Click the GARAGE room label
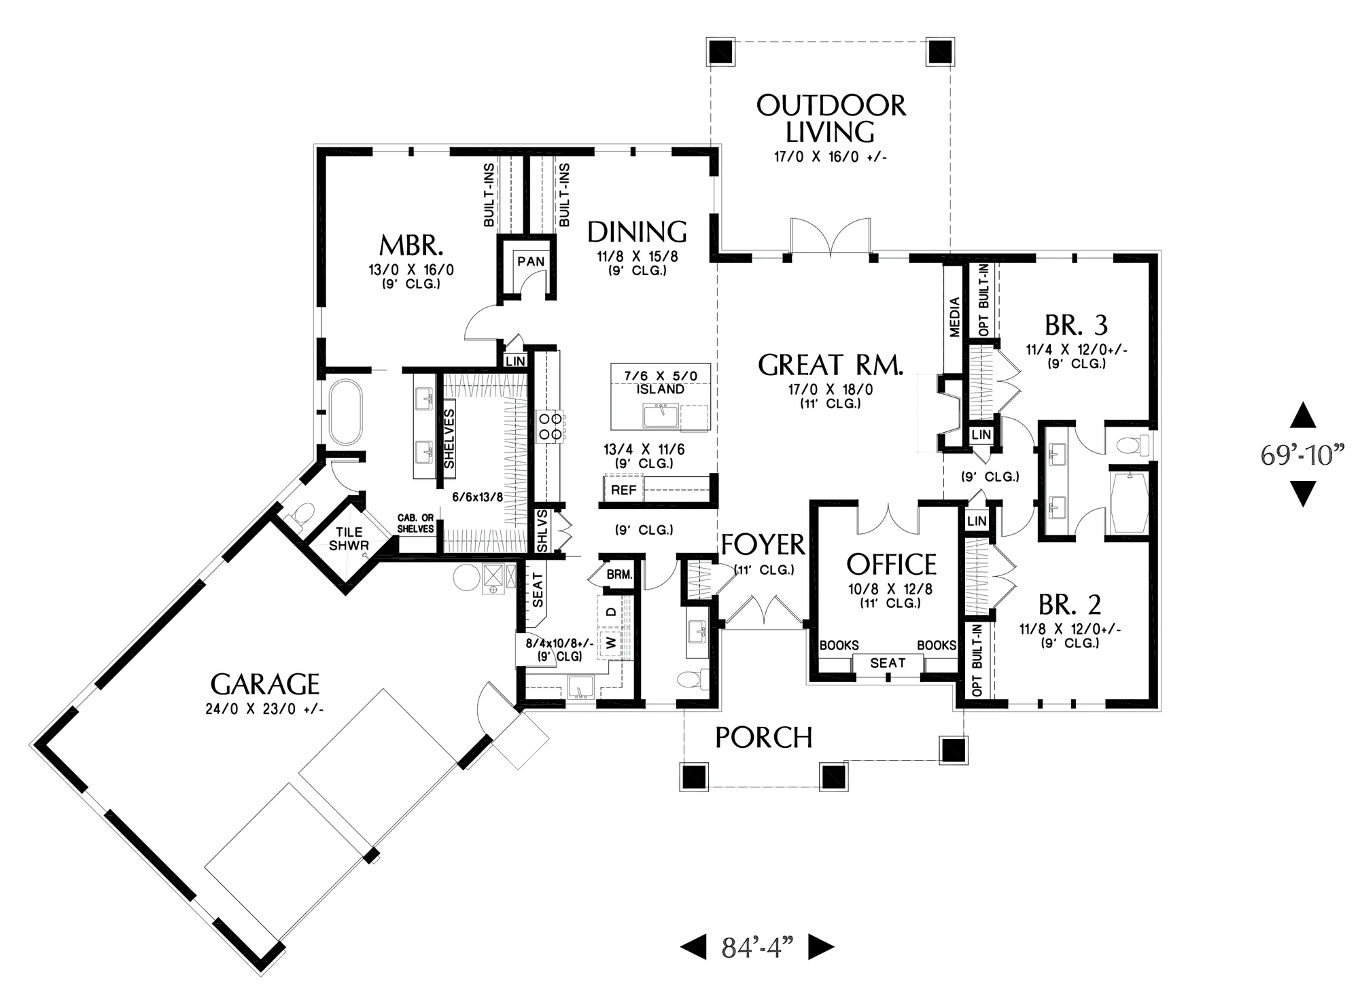(x=264, y=683)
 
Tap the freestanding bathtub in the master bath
(x=345, y=412)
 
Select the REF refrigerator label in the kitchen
(x=624, y=490)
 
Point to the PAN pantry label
(x=531, y=262)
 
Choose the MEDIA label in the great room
(x=954, y=317)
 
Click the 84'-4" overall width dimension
(x=758, y=947)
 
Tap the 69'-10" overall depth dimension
(x=1303, y=454)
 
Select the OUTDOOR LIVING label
(x=831, y=119)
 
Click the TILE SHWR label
(x=349, y=539)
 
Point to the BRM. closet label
(x=619, y=575)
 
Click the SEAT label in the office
(x=888, y=662)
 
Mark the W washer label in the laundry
(x=611, y=642)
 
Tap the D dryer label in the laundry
(x=611, y=611)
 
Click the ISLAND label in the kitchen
(x=661, y=389)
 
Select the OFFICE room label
(x=891, y=565)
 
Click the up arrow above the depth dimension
(x=1302, y=415)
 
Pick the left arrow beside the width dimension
(x=693, y=947)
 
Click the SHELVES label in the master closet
(x=449, y=438)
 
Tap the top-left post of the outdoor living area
(x=720, y=52)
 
